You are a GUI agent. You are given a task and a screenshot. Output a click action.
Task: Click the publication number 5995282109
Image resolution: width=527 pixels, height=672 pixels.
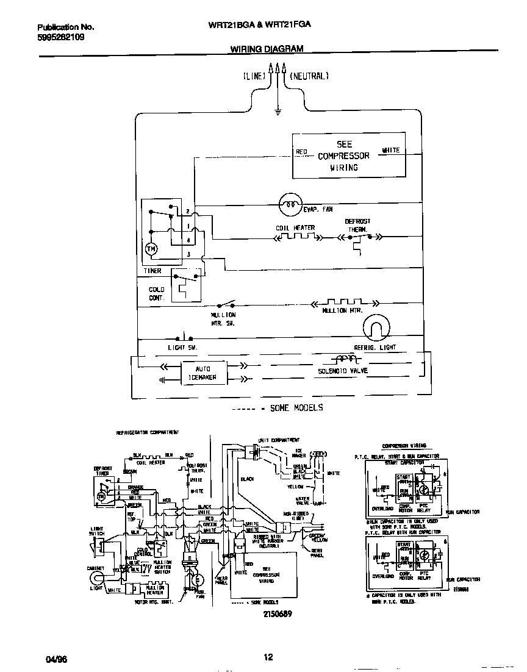[60, 37]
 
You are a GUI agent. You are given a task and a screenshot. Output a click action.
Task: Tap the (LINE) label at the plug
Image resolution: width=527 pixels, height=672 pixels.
[254, 76]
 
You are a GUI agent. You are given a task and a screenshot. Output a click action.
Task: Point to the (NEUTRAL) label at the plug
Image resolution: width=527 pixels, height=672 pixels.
[309, 76]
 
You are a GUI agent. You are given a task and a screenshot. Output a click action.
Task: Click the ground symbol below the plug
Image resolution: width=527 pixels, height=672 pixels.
[278, 112]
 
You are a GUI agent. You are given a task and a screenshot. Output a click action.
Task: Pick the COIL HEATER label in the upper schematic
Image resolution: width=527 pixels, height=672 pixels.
[295, 228]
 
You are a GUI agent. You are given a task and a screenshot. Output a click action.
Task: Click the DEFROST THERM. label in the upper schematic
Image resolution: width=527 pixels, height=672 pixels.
[357, 226]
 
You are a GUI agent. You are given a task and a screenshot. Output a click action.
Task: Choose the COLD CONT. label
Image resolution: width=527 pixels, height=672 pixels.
[157, 294]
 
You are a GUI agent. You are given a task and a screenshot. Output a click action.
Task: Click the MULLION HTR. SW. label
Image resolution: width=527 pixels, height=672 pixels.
[223, 319]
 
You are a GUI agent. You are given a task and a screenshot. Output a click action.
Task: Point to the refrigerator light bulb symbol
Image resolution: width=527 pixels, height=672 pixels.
[375, 329]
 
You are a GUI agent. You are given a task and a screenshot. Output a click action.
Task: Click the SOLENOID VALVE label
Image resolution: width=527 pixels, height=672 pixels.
[342, 371]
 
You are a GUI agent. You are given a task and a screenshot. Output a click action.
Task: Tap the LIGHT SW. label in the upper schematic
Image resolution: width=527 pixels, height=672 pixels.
[182, 348]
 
